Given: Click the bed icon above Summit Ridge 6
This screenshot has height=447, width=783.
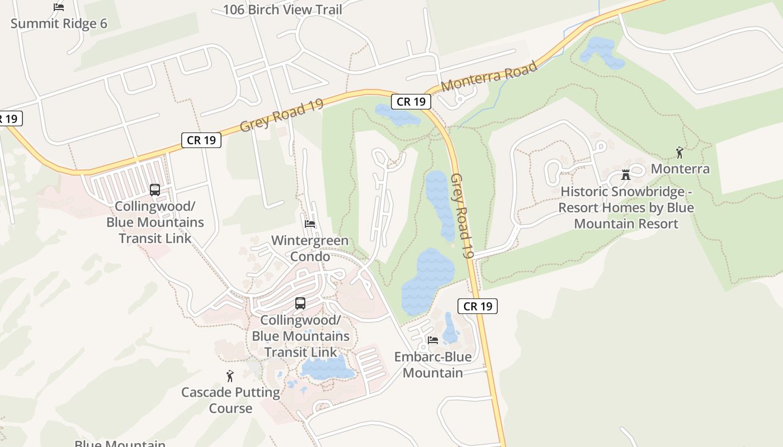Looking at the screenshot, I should click(59, 7).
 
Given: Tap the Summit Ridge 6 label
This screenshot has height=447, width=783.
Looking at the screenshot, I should click(59, 23).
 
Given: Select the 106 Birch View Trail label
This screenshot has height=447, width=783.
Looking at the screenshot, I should click(282, 9).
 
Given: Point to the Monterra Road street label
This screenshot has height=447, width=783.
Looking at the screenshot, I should click(489, 77).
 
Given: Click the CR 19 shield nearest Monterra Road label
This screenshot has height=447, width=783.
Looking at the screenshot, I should click(411, 101).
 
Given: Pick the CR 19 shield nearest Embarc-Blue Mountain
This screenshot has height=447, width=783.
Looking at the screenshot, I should click(478, 306).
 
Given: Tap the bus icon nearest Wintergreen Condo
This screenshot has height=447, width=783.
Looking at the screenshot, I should click(300, 303).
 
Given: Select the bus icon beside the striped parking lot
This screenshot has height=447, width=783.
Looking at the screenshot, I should click(155, 190).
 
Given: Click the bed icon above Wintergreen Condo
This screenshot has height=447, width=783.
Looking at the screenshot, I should click(310, 224).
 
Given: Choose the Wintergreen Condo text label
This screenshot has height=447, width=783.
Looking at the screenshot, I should click(310, 249).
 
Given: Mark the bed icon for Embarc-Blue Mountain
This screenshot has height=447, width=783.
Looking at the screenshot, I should click(432, 340).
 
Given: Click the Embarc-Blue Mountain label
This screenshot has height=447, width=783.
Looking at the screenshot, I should click(433, 365).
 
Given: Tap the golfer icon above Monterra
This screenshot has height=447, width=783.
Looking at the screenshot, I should click(680, 153).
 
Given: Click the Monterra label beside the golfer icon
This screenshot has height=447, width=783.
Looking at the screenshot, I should click(680, 169).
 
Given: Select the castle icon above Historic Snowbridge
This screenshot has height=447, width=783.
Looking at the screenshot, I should click(626, 175).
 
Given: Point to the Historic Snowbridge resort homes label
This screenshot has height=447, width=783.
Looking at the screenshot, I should click(626, 208).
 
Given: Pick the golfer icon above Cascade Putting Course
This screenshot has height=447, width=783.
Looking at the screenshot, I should click(230, 376).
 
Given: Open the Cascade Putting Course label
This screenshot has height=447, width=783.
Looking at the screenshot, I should click(230, 400).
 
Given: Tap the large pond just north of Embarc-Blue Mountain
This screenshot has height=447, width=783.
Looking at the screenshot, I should click(428, 279).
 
